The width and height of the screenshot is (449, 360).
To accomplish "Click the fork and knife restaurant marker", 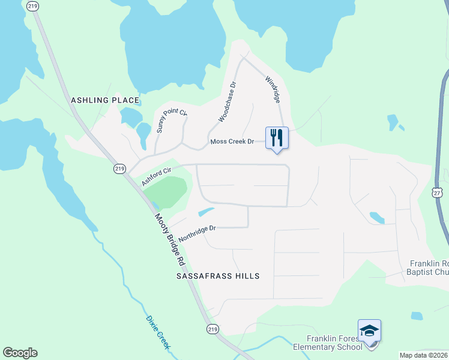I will tap(277, 138).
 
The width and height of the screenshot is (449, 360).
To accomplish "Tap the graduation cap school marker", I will tap(369, 331).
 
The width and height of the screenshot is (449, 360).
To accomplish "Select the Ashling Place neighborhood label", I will tap(105, 100).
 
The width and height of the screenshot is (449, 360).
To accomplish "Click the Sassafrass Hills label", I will tap(218, 276).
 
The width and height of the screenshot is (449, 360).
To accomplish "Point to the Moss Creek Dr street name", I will tap(232, 142).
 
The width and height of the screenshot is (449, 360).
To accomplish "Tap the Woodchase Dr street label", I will tap(228, 102).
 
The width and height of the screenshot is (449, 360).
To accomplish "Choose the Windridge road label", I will tap(273, 89).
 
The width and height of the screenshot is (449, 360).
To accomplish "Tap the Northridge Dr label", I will tap(196, 231).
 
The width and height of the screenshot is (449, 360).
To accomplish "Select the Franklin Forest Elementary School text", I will tap(327, 343).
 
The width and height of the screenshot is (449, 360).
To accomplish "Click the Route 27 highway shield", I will tap(438, 191).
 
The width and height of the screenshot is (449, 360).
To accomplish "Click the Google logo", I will tap(20, 353).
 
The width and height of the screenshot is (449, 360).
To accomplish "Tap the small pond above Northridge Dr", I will tap(206, 211).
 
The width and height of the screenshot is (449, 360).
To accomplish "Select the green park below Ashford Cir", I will tap(166, 191).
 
